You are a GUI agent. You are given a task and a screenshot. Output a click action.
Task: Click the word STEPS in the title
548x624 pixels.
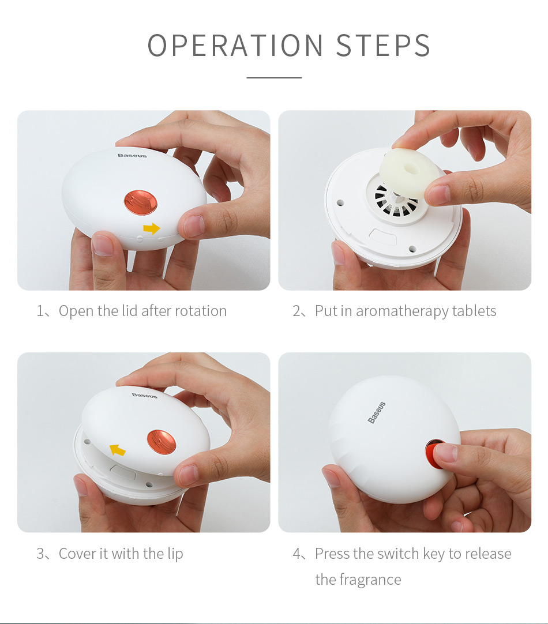(383, 46)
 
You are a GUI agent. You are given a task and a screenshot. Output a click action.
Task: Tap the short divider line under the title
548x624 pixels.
(274, 77)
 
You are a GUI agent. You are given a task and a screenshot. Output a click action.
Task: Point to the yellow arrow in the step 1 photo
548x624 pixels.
(151, 229)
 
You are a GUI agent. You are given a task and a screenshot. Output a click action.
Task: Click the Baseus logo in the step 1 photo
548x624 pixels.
(132, 155)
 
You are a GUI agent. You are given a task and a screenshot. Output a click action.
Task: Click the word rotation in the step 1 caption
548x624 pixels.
(201, 311)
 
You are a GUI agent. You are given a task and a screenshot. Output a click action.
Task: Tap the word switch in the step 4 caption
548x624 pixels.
(399, 554)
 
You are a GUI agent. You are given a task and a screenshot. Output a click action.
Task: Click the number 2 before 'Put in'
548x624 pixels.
(296, 311)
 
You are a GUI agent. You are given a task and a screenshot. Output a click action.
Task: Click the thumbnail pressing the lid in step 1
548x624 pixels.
(194, 225)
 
